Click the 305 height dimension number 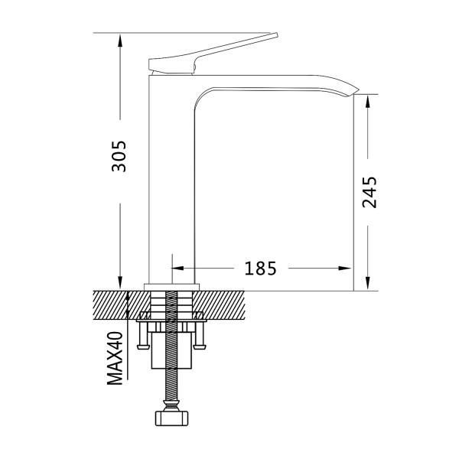coord(119,156)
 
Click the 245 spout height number coord(369,192)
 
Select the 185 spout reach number coord(260,269)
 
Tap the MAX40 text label coord(116,358)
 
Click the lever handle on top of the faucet coord(213,54)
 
